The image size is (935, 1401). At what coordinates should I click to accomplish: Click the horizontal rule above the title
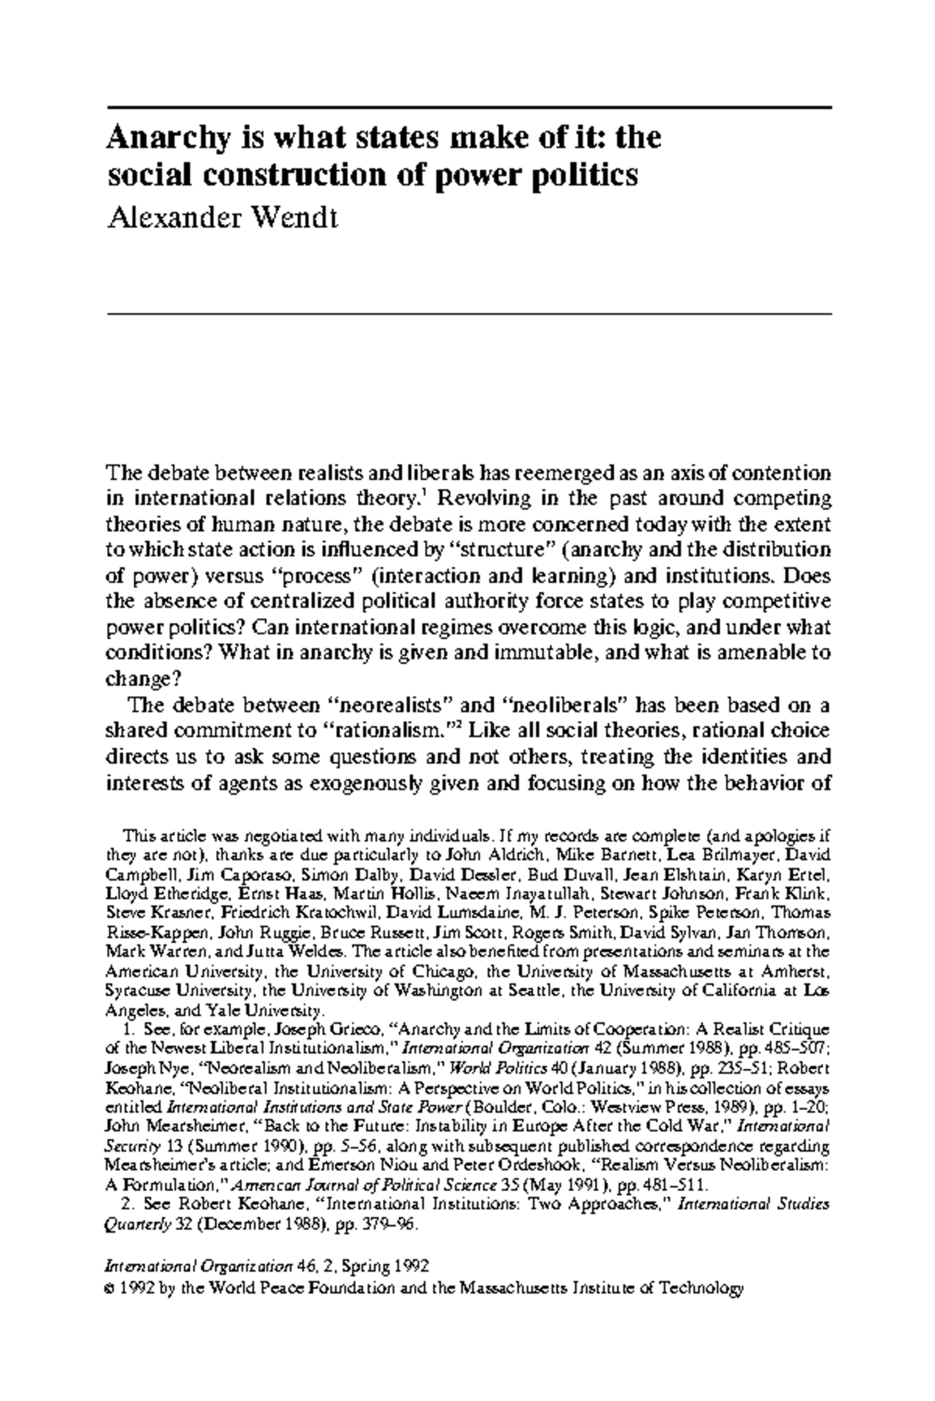pos(468,106)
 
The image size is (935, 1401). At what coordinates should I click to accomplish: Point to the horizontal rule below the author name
pos(468,313)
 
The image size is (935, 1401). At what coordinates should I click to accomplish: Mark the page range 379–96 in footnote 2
pos(386,1223)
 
